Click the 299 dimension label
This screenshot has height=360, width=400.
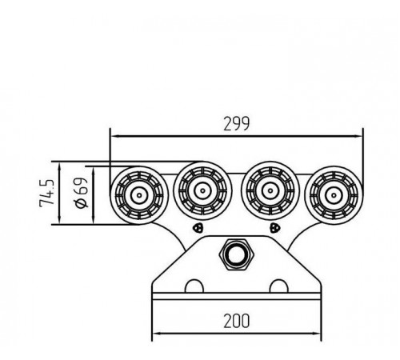(237, 124)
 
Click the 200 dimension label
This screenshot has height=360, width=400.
(237, 321)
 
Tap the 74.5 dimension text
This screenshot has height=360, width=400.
(47, 193)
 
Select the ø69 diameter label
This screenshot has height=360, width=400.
(81, 193)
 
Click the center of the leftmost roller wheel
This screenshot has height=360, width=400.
(139, 195)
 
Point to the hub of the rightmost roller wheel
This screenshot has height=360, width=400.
(334, 195)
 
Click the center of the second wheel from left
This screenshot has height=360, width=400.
(202, 191)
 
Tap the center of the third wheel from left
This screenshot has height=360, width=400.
(270, 191)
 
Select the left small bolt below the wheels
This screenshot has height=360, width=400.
(198, 228)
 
